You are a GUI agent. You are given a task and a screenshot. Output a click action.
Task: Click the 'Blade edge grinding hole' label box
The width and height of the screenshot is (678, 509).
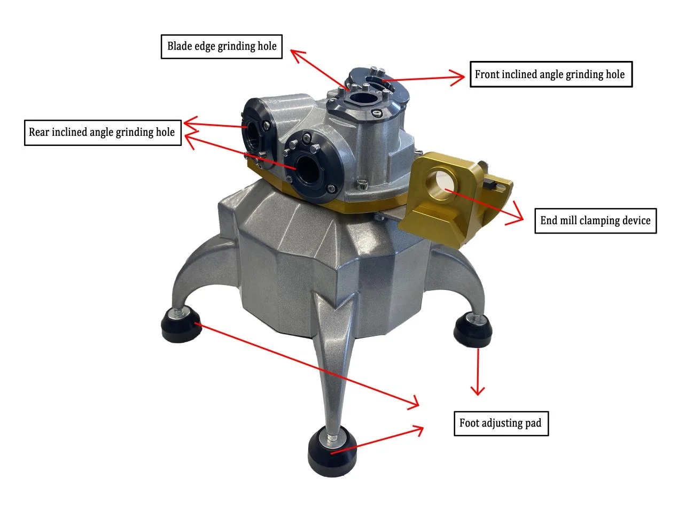coord(222,47)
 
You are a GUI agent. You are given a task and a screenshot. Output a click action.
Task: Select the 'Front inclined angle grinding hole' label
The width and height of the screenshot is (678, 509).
coord(551,74)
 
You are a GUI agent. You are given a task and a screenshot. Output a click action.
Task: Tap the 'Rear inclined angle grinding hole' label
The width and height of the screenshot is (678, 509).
coord(103,133)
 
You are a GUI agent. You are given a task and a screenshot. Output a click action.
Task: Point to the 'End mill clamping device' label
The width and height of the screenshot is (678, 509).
coord(595,221)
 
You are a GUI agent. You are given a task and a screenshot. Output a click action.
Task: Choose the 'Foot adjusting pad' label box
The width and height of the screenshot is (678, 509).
coord(501,423)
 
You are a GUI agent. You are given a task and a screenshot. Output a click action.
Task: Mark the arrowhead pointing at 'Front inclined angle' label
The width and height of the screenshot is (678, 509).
coord(457,78)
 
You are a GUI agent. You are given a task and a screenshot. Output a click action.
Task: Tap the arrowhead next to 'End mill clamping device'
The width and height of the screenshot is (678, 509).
coord(516,215)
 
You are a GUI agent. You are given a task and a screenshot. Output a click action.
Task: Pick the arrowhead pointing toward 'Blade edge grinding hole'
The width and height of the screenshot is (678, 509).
coord(297,55)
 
